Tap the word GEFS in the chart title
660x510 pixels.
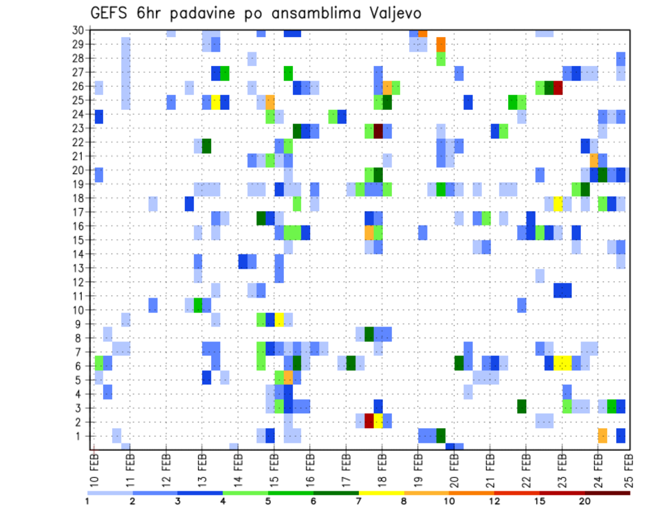coord(111,13)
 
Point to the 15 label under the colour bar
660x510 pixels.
coord(540,501)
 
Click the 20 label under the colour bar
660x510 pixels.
coord(585,501)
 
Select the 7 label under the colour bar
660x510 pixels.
coord(359,501)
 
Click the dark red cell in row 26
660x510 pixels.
coord(558,87)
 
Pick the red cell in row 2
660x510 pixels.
coord(369,421)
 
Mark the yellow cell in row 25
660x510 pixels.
coord(216,102)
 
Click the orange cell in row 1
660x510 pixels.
coord(603,435)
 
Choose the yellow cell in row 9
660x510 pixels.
coord(279,320)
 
